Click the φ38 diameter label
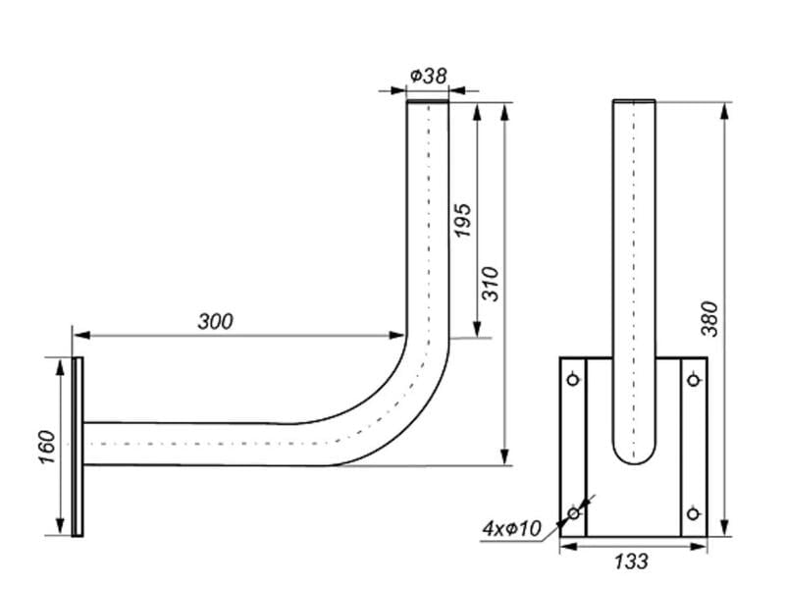pyautogui.click(x=428, y=77)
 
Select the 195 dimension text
pyautogui.click(x=461, y=220)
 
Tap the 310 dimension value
pyautogui.click(x=491, y=284)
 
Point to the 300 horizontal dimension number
pyautogui.click(x=215, y=322)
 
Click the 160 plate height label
pyautogui.click(x=46, y=447)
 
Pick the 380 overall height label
pyautogui.click(x=709, y=319)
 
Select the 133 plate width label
pyautogui.click(x=631, y=562)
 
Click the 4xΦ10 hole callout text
pyautogui.click(x=512, y=528)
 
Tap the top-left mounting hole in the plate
pyautogui.click(x=573, y=379)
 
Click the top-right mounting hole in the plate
pyautogui.click(x=694, y=380)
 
